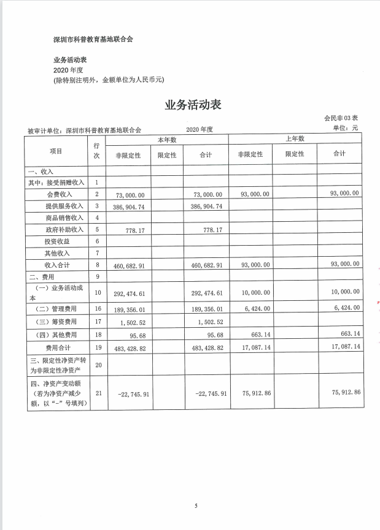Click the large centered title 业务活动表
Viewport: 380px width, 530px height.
point(193,105)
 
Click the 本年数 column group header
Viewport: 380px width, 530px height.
point(166,140)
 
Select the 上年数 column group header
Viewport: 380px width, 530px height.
point(295,140)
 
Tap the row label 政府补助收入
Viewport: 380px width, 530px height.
point(64,229)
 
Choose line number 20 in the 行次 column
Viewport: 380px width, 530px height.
point(97,364)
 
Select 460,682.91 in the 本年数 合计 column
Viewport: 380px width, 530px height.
point(206,265)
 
